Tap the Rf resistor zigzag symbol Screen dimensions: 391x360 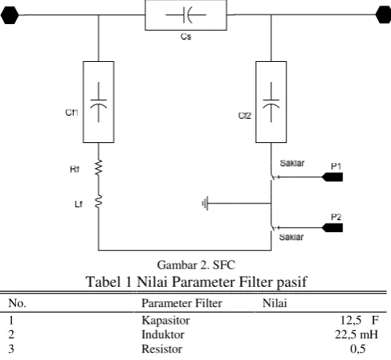pyautogui.click(x=99, y=167)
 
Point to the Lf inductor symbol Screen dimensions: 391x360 pyautogui.click(x=99, y=202)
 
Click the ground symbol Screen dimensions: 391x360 pyautogui.click(x=205, y=204)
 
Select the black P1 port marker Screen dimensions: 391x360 pyautogui.click(x=332, y=177)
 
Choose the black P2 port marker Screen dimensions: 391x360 pyautogui.click(x=332, y=227)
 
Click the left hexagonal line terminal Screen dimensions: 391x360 pyautogui.click(x=10, y=15)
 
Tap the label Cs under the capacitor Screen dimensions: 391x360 pyautogui.click(x=185, y=36)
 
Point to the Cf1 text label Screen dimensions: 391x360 pyautogui.click(x=71, y=112)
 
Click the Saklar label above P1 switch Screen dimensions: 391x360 pyautogui.click(x=292, y=163)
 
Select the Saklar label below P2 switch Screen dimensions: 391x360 pyautogui.click(x=291, y=237)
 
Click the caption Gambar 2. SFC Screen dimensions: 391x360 pyautogui.click(x=196, y=265)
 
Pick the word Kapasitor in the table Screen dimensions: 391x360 pyautogui.click(x=165, y=321)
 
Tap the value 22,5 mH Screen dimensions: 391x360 pyautogui.click(x=356, y=334)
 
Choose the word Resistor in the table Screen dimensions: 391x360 pyautogui.click(x=162, y=349)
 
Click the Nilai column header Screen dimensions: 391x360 pyautogui.click(x=275, y=303)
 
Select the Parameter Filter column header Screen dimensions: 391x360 pyautogui.click(x=181, y=303)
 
